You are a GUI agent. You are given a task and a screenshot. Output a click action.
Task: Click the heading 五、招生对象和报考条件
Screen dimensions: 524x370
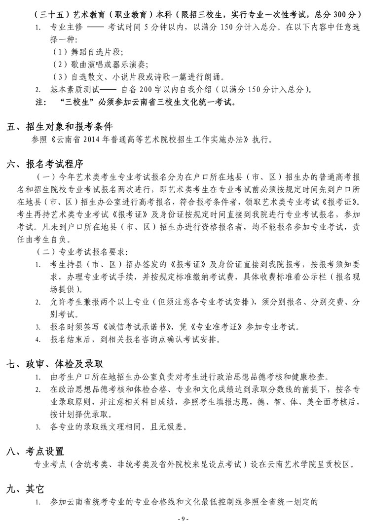click(60, 127)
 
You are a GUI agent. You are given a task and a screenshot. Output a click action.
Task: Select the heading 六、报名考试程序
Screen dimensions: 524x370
click(45, 164)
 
